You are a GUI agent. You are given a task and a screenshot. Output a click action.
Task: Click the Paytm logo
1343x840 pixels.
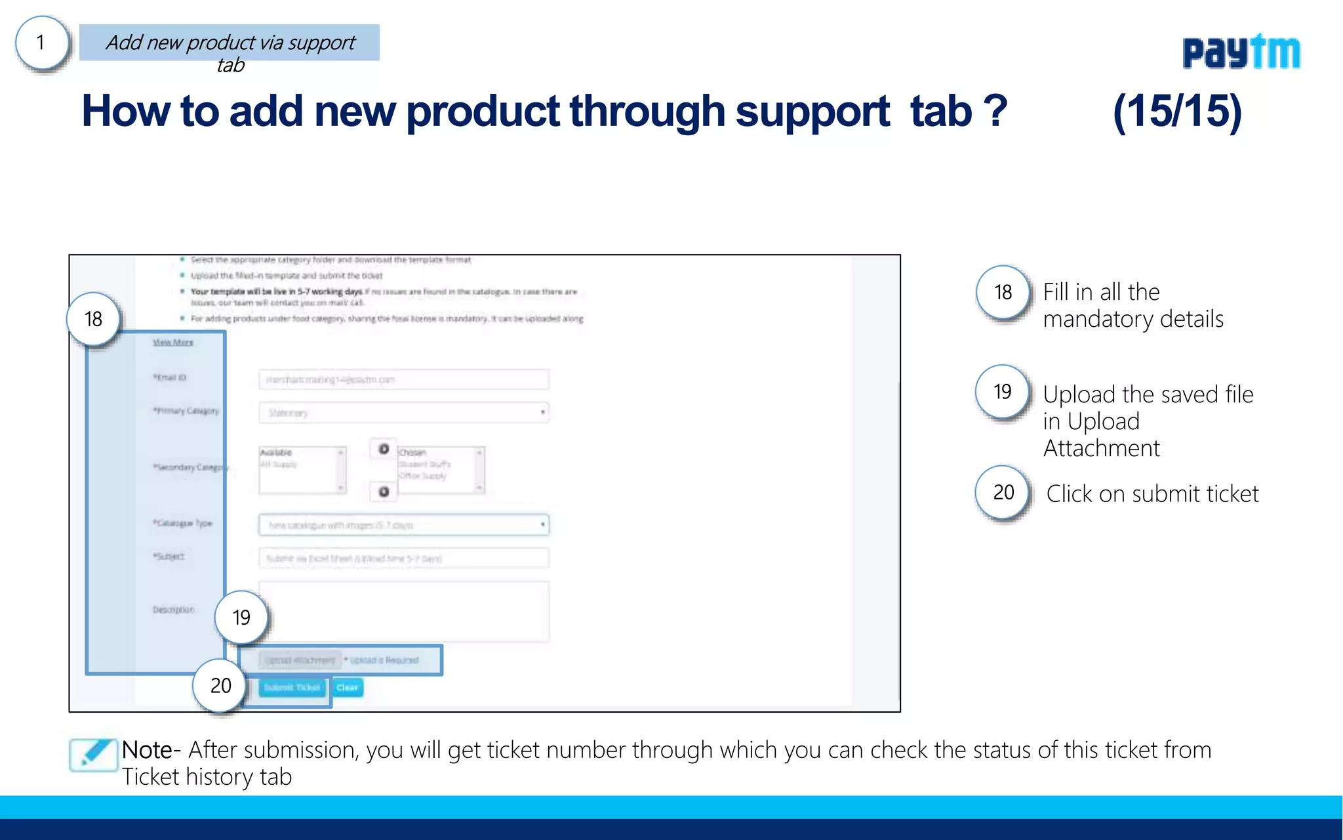coord(1241,52)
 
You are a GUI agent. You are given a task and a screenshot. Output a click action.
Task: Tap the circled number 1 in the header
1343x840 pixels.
coord(42,43)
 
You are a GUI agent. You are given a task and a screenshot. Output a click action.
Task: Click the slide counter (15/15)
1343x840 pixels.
coord(1177,112)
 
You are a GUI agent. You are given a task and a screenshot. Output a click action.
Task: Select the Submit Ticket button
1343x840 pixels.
coord(292,688)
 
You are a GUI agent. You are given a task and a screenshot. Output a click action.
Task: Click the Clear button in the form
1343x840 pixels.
coord(348,688)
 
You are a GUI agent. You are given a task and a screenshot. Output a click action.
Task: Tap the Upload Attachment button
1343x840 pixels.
coord(300,660)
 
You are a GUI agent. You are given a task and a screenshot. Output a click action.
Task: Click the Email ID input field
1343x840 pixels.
coord(403,379)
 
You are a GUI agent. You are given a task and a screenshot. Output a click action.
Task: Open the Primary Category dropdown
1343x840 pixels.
coord(403,413)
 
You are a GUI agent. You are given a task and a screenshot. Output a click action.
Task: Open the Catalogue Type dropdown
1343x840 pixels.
coord(403,525)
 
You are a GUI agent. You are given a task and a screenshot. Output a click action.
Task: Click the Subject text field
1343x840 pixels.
coord(403,558)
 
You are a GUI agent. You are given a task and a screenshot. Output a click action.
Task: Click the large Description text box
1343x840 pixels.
coord(403,611)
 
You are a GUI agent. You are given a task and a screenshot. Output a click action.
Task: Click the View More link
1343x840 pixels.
coord(173,343)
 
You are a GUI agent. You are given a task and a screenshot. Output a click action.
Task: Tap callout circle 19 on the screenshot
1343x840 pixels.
coord(241,618)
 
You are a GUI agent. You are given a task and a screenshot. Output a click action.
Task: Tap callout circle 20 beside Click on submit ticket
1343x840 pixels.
coord(1003,492)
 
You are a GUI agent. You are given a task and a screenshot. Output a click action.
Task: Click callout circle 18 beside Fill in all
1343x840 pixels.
coord(1003,292)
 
